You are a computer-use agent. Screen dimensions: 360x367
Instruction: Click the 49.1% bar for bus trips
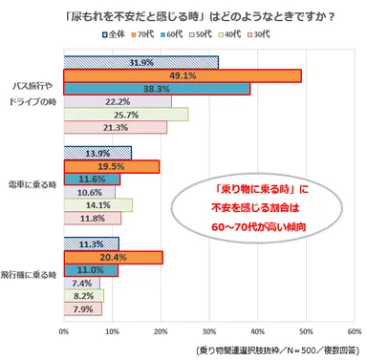[182, 76]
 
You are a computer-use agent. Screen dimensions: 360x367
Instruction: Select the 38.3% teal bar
[156, 89]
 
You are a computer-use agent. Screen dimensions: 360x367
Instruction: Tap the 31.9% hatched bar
[140, 63]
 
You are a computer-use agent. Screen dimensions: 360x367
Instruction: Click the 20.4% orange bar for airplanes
[113, 257]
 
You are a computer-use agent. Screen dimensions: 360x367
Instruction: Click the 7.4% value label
[80, 283]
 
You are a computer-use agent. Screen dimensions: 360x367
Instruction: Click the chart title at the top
[183, 13]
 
